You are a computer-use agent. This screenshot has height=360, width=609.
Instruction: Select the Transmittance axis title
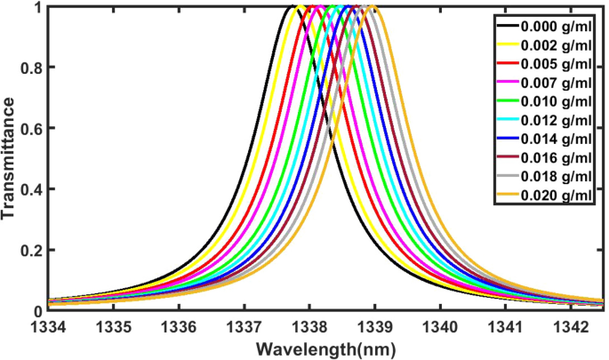coord(11,161)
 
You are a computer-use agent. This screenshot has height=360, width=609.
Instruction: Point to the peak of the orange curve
coord(373,7)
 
